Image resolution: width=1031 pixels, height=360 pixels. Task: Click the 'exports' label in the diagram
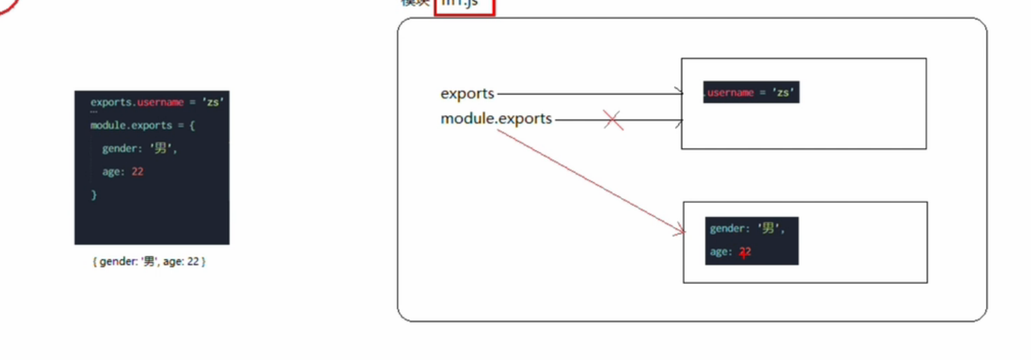467,94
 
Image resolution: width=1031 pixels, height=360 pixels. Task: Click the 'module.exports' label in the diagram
496,119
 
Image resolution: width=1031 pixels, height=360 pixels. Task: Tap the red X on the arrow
613,121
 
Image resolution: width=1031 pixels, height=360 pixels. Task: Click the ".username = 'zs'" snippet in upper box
751,92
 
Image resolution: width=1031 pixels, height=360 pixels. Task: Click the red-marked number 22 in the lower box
745,253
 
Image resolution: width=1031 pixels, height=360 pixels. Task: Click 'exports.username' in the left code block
137,102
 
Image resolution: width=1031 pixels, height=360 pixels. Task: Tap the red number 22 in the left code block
138,172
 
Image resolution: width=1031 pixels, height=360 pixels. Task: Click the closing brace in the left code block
94,195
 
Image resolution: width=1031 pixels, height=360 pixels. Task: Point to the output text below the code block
148,261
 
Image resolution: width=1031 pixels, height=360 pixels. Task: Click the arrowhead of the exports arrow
679,92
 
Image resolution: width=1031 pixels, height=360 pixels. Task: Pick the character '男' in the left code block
161,149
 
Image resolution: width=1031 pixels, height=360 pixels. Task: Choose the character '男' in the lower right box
769,229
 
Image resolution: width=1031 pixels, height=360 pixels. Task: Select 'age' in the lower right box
720,253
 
